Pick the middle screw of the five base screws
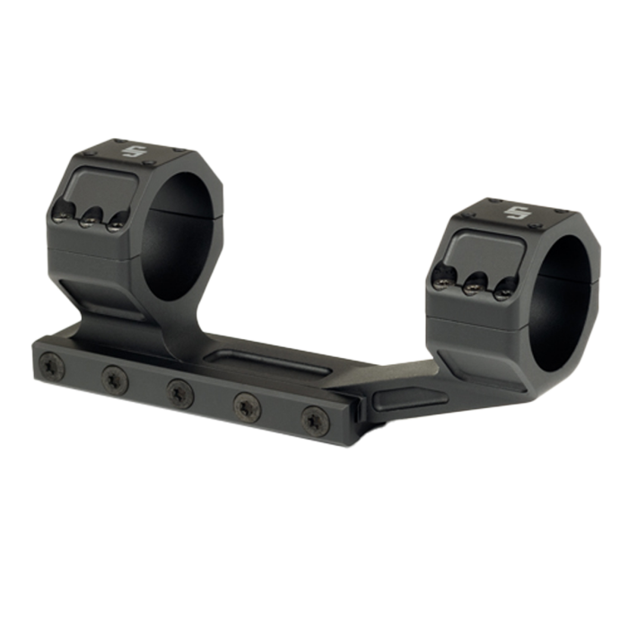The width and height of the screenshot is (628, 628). click(179, 390)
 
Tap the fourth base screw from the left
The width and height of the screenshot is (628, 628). click(245, 403)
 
